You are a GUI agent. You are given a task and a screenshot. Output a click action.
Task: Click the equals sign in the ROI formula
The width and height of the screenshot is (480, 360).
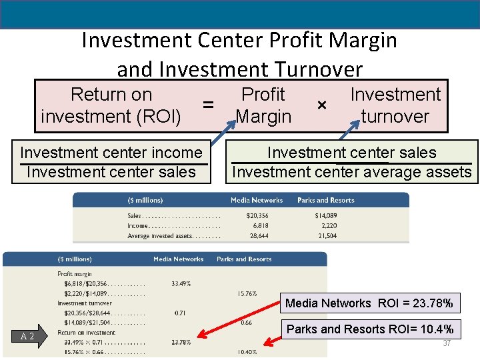click(x=209, y=105)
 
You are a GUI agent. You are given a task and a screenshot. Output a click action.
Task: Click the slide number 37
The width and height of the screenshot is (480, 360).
click(x=447, y=343)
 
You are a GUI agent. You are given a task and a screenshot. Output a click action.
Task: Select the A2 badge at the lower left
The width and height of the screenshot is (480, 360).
click(x=27, y=337)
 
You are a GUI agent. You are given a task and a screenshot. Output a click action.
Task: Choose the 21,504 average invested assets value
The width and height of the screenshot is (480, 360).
click(x=326, y=235)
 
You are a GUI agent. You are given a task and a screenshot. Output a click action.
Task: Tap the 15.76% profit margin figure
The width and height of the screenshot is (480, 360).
click(x=247, y=293)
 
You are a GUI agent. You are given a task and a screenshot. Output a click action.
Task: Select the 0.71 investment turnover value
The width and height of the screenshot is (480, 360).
click(x=179, y=313)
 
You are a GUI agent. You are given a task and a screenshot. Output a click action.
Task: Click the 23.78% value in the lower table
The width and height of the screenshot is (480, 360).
click(x=181, y=343)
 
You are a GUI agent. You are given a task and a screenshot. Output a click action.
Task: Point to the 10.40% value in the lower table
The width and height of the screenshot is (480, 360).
click(x=246, y=352)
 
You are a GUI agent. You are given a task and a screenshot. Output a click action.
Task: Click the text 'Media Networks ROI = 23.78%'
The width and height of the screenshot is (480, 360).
click(x=369, y=303)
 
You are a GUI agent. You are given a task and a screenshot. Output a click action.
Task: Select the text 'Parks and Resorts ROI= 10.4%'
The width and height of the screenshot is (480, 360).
click(x=369, y=329)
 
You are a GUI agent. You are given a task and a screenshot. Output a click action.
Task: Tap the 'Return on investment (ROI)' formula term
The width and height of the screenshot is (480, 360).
click(x=111, y=105)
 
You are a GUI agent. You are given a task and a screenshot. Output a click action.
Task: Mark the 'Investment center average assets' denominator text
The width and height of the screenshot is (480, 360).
click(x=351, y=172)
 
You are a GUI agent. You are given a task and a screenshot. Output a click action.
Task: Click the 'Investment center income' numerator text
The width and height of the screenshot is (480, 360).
click(x=111, y=153)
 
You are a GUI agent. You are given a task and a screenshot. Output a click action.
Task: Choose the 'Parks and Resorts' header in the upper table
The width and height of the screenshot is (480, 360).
click(x=325, y=200)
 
